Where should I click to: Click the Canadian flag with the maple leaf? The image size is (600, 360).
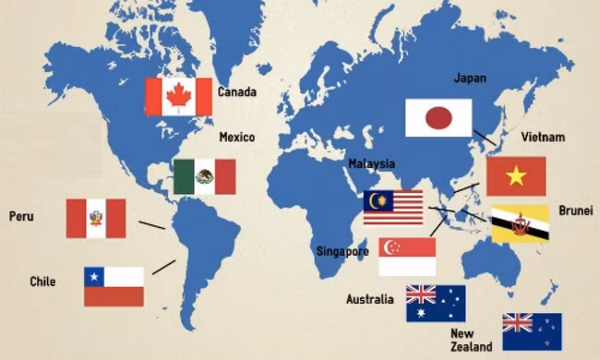coord(178,96)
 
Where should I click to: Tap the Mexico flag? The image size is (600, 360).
coord(205,176)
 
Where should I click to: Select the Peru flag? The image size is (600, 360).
coord(95,218)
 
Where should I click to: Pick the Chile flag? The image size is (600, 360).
coord(114,286)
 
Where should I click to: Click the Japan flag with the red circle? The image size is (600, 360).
coord(438,118)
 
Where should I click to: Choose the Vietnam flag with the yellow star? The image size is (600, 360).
coord(516,175)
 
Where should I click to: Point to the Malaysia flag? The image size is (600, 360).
coord(392,207)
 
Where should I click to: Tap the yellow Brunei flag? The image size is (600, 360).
coord(520,224)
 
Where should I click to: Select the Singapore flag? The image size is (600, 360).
coord(407,257)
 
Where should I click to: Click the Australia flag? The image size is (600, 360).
coord(436,303)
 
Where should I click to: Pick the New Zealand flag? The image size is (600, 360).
coord(532,331)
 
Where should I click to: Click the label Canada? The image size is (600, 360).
coord(237,92)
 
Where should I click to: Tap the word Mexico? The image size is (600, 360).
coord(236,138)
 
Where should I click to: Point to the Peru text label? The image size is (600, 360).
coord(21,217)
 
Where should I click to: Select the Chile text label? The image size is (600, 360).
coord(42,282)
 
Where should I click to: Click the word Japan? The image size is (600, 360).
coord(470,78)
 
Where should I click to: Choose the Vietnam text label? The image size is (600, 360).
coord(542,138)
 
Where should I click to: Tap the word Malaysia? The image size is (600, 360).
coord(371,164)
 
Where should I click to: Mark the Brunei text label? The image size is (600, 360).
coord(577,210)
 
